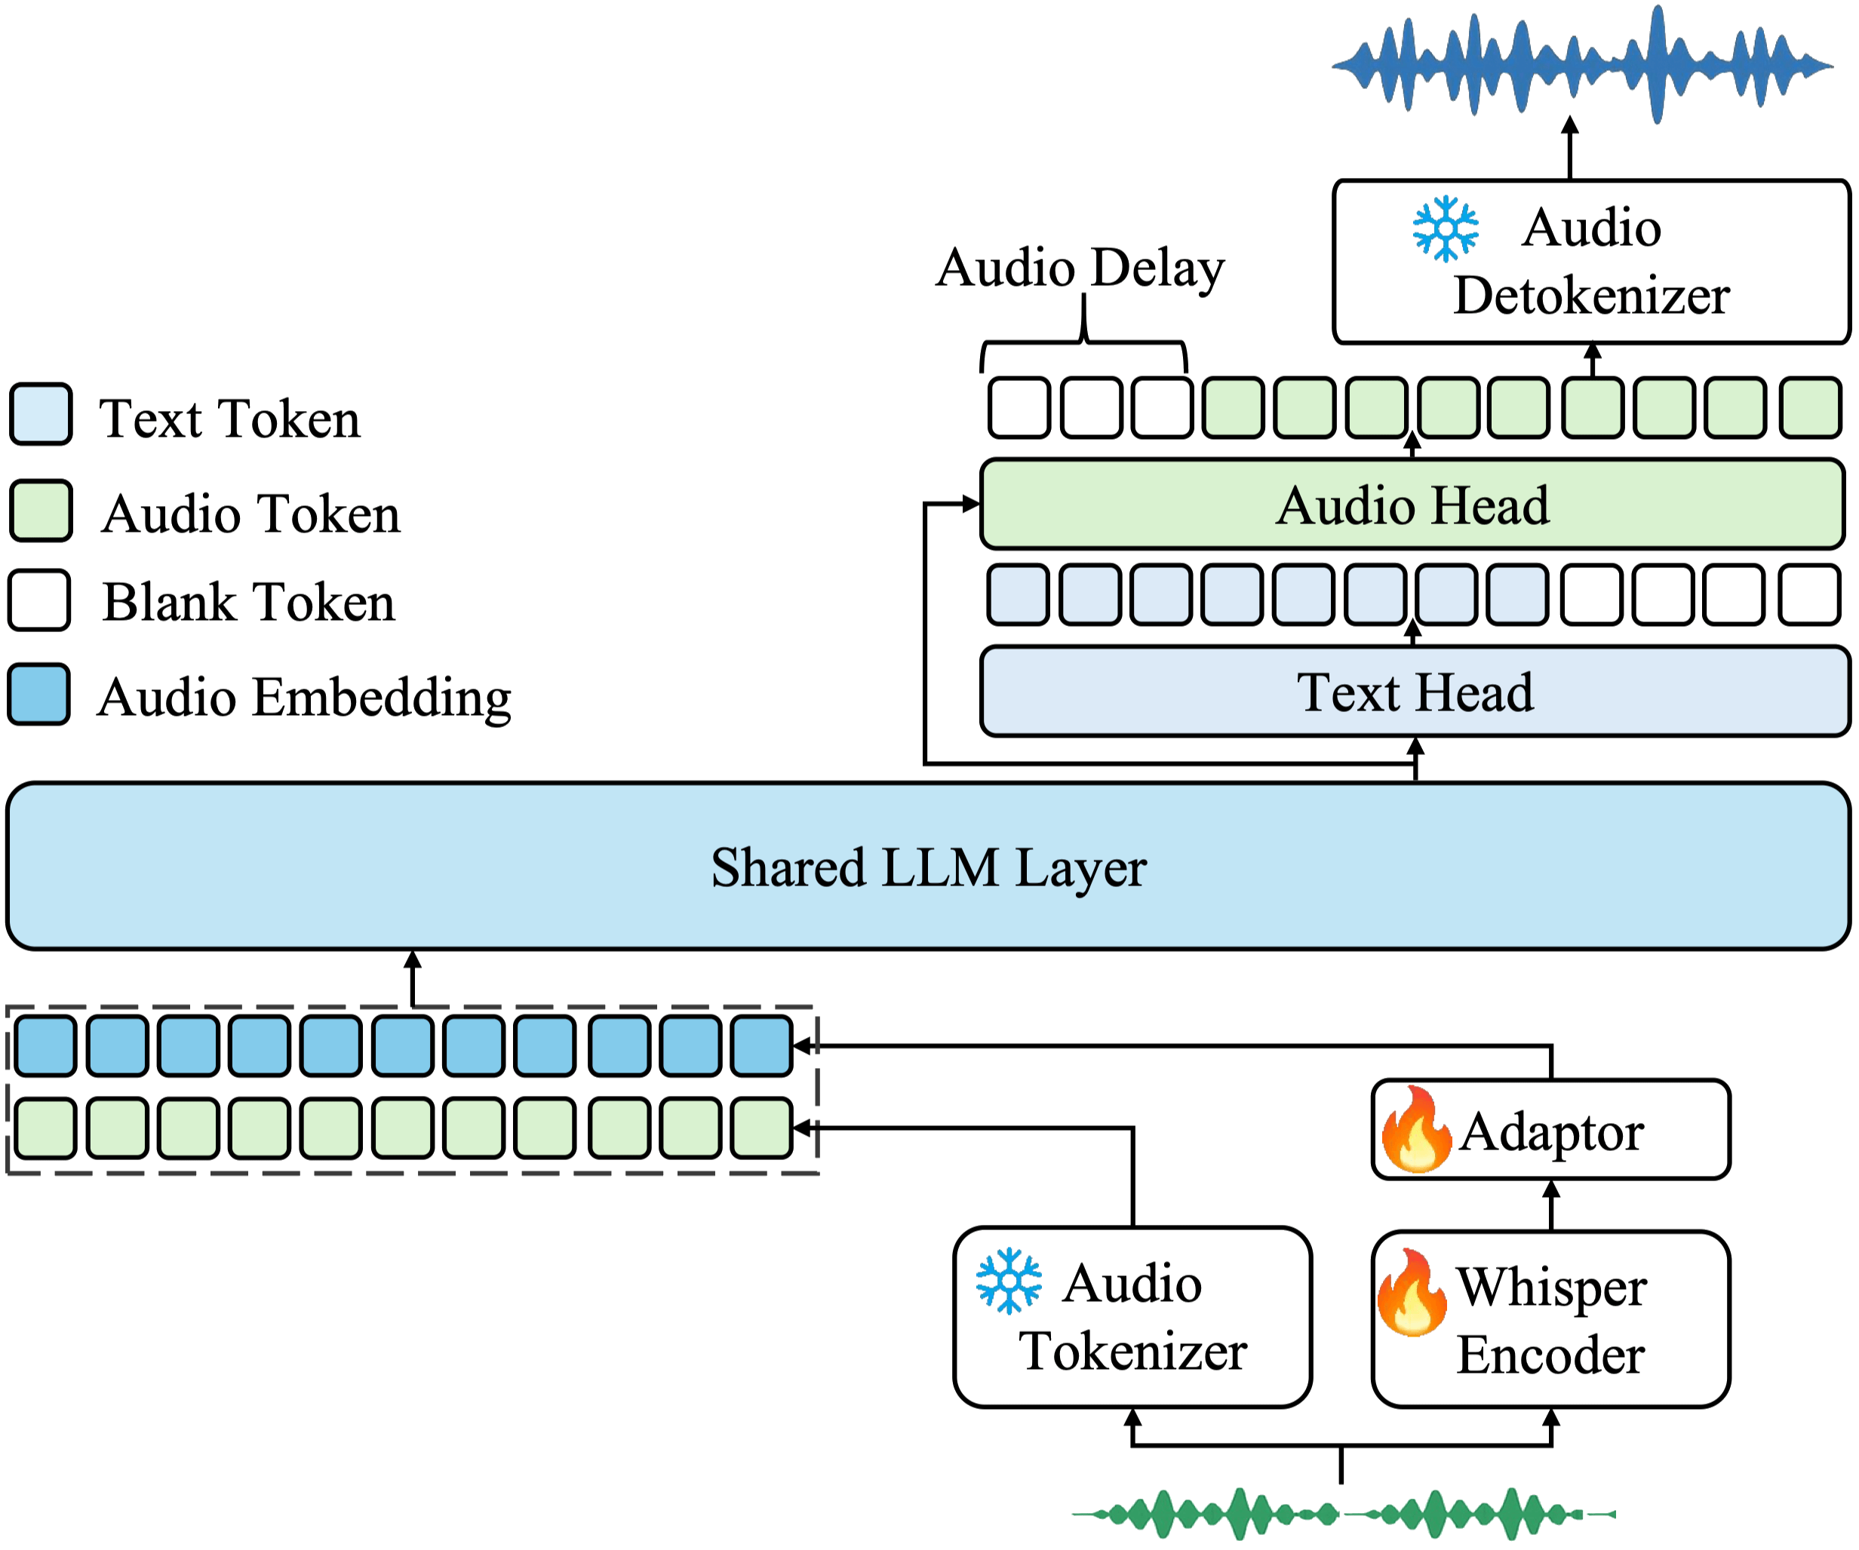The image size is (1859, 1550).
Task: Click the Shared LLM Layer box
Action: (928, 866)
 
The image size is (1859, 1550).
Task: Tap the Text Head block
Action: (1415, 692)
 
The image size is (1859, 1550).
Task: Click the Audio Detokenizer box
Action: (1590, 262)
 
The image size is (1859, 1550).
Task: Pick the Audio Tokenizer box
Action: (1132, 1316)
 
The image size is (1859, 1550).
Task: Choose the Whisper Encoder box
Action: (1551, 1319)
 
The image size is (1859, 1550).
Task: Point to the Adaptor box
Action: (1551, 1130)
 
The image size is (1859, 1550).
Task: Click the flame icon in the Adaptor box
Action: (1415, 1130)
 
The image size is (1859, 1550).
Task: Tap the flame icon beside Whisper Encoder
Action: (1411, 1291)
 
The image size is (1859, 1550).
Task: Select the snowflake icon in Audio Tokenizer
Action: (1009, 1281)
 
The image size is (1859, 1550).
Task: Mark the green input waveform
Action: (1343, 1514)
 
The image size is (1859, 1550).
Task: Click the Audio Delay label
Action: (1080, 267)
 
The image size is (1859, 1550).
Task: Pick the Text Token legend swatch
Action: (41, 414)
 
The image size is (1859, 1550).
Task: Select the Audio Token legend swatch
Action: (41, 511)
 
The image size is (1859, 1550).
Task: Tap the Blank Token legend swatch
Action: (40, 600)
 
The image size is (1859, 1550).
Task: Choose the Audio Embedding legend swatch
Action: (40, 695)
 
